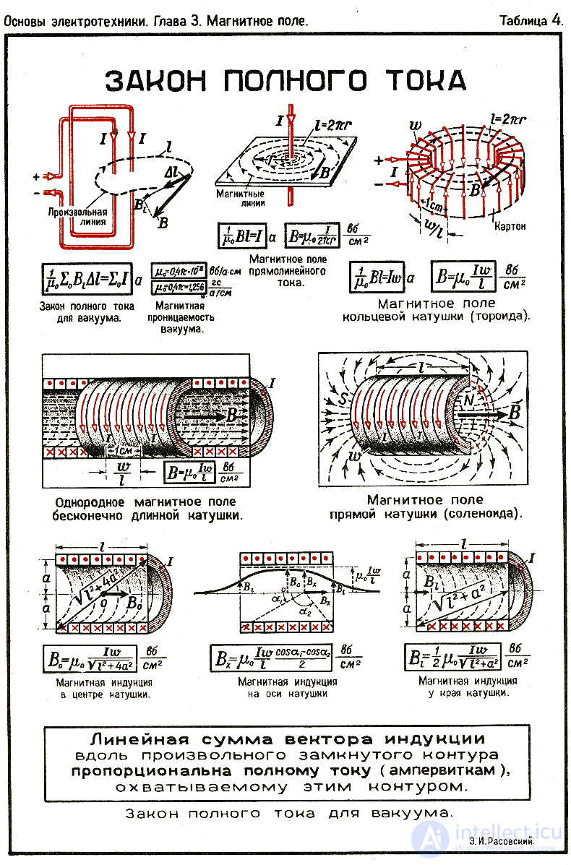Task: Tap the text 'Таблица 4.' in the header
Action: (x=531, y=21)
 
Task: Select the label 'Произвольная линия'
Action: (x=77, y=217)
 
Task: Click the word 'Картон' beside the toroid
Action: (x=510, y=226)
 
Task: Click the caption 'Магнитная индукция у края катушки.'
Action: (x=468, y=687)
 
